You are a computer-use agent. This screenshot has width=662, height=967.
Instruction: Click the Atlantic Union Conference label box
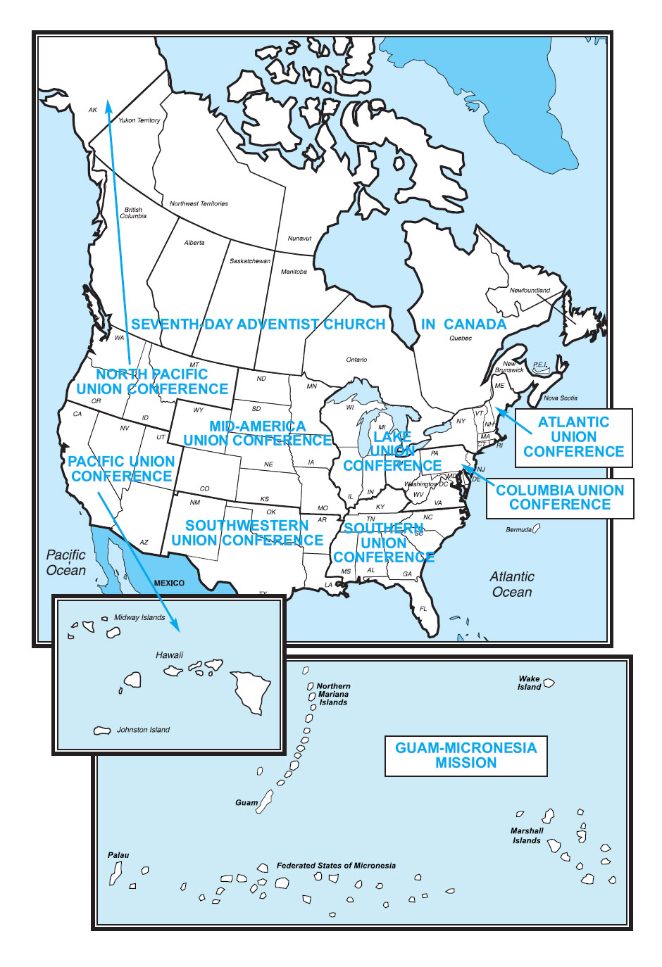pyautogui.click(x=573, y=437)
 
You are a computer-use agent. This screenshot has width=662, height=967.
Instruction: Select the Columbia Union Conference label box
pyautogui.click(x=560, y=498)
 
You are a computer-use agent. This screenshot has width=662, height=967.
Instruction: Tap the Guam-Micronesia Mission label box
pyautogui.click(x=466, y=755)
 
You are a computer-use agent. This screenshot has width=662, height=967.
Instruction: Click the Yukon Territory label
pyautogui.click(x=139, y=120)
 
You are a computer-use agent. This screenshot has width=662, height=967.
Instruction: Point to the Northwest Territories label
pyautogui.click(x=199, y=203)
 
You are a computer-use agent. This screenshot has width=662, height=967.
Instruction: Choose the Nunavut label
pyautogui.click(x=299, y=238)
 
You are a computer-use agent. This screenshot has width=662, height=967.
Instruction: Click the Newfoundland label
pyautogui.click(x=530, y=290)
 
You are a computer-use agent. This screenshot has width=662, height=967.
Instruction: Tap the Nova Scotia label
pyautogui.click(x=560, y=398)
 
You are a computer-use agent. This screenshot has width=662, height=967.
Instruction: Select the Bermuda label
pyautogui.click(x=518, y=529)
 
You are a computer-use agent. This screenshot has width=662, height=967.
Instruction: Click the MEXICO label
pyautogui.click(x=169, y=583)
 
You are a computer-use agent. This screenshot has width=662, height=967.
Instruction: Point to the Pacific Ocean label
pyautogui.click(x=65, y=562)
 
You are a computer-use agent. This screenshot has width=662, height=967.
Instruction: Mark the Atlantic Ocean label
pyautogui.click(x=512, y=584)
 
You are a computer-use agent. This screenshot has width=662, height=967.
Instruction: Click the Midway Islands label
pyautogui.click(x=139, y=617)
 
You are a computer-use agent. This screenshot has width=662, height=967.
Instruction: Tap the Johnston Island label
pyautogui.click(x=143, y=730)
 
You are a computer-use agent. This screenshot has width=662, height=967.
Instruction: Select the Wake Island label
pyautogui.click(x=529, y=683)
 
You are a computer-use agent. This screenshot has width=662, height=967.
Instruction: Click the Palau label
pyautogui.click(x=118, y=855)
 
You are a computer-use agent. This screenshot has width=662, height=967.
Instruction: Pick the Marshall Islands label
pyautogui.click(x=527, y=835)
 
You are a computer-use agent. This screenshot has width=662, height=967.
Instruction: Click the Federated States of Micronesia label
pyautogui.click(x=336, y=866)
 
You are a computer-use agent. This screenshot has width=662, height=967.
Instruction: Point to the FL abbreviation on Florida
pyautogui.click(x=423, y=608)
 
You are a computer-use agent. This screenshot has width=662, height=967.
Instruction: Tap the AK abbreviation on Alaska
pyautogui.click(x=93, y=110)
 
